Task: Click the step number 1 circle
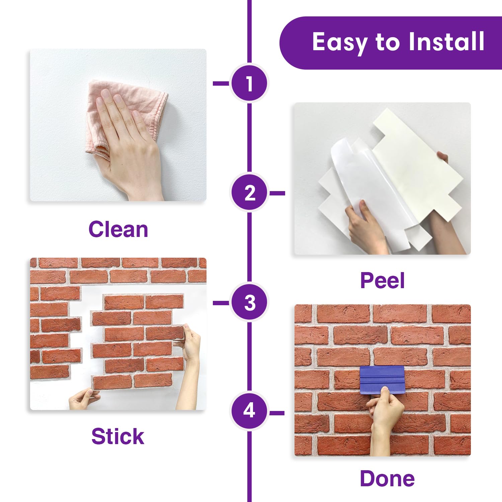pyautogui.click(x=249, y=83)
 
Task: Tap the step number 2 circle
pyautogui.click(x=249, y=193)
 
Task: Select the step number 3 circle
pyautogui.click(x=249, y=303)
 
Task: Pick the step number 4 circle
pyautogui.click(x=249, y=411)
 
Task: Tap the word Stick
pyautogui.click(x=118, y=436)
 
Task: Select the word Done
pyautogui.click(x=387, y=478)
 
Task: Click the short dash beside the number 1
pyautogui.click(x=221, y=83)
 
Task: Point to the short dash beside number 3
pyautogui.click(x=221, y=303)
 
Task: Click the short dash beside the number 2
pyautogui.click(x=277, y=193)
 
